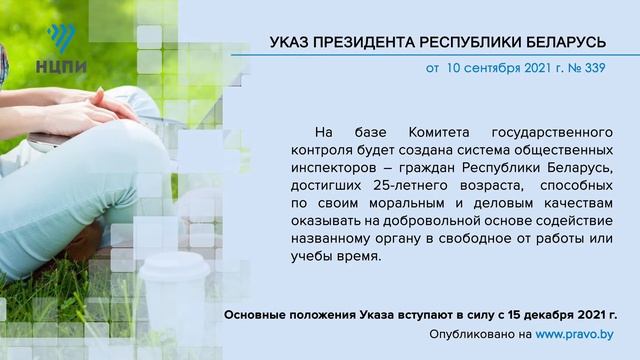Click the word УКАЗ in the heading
pyautogui.click(x=292, y=42)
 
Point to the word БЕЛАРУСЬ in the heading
pyautogui.click(x=567, y=42)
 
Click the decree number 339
pyautogui.click(x=593, y=70)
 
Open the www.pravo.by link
pyautogui.click(x=575, y=334)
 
